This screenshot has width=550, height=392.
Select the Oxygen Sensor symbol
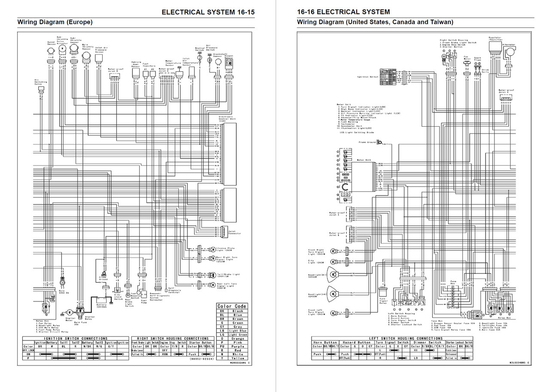229,63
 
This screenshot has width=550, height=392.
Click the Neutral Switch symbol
199,57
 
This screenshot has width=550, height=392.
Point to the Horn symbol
62,282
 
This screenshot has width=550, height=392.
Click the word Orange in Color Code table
237,338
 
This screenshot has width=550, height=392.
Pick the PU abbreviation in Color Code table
222,346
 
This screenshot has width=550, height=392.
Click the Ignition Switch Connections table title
75,338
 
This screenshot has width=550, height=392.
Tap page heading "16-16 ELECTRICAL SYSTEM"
343,12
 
